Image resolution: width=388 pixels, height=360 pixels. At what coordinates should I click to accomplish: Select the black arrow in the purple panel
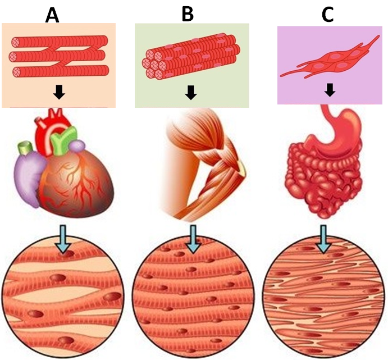[330, 89]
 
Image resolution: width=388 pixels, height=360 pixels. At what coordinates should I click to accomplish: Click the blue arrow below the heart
[64, 240]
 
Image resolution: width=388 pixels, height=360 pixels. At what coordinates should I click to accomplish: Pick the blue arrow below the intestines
[323, 239]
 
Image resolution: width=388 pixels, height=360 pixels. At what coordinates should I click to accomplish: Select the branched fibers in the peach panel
[58, 56]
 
